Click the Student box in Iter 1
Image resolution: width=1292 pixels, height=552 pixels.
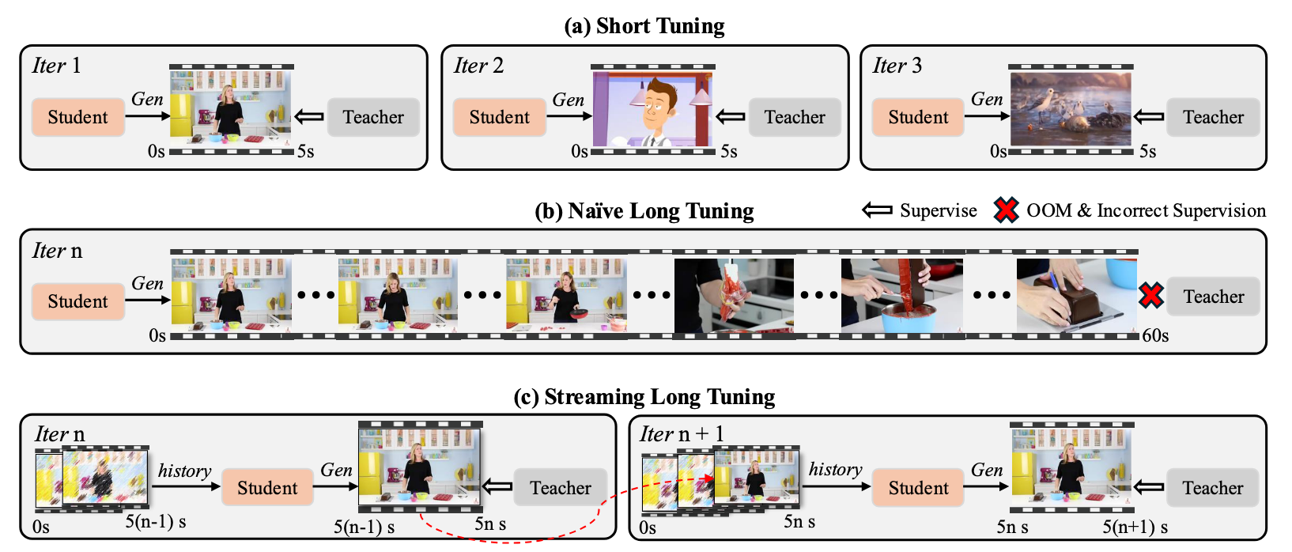(x=77, y=117)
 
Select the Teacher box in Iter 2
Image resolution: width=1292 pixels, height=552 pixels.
(x=794, y=117)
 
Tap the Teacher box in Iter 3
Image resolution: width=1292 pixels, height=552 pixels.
(x=1213, y=117)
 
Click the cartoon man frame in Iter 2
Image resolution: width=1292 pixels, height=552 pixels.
(x=653, y=109)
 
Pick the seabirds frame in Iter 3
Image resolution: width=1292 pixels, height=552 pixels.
(x=1071, y=109)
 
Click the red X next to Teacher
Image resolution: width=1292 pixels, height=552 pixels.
(x=1151, y=296)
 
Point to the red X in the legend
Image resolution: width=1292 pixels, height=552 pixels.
(x=1007, y=210)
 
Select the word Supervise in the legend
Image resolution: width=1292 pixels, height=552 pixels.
(x=939, y=210)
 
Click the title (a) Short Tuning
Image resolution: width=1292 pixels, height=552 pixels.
(x=644, y=26)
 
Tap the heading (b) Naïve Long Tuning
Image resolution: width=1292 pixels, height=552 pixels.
(x=644, y=211)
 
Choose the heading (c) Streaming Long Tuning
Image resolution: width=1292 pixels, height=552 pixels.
(x=644, y=397)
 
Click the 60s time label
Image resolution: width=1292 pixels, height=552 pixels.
(x=1155, y=335)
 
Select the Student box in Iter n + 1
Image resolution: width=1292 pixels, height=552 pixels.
(x=918, y=488)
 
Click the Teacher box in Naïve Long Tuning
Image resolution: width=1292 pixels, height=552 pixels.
(x=1213, y=297)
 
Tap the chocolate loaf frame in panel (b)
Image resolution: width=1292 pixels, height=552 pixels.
(x=1076, y=295)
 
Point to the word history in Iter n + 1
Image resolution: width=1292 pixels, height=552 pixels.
(x=835, y=470)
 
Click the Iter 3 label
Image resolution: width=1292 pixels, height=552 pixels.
(x=897, y=66)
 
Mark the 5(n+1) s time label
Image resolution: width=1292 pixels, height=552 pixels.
(x=1135, y=527)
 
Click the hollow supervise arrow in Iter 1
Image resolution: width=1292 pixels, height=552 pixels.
(x=309, y=117)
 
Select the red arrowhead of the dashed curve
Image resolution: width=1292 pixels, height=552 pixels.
(x=708, y=478)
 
